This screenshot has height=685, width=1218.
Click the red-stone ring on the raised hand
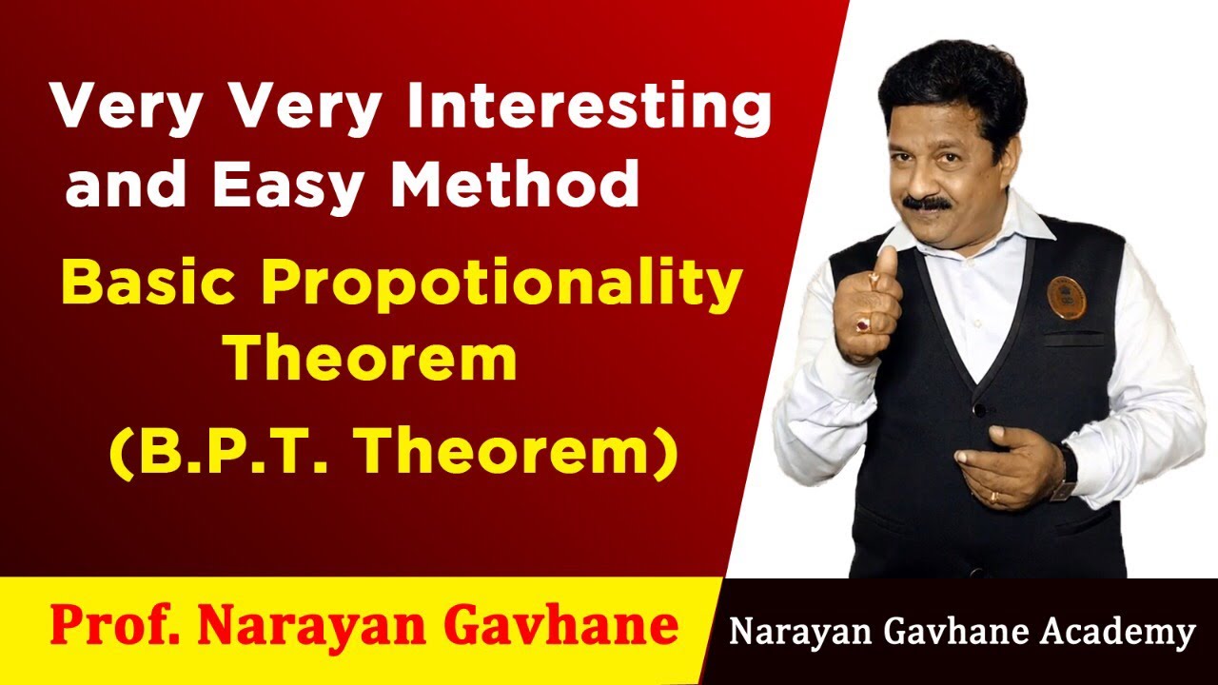click(x=863, y=325)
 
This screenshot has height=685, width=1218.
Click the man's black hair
click(x=952, y=81)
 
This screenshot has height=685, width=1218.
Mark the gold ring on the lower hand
click(x=992, y=496)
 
